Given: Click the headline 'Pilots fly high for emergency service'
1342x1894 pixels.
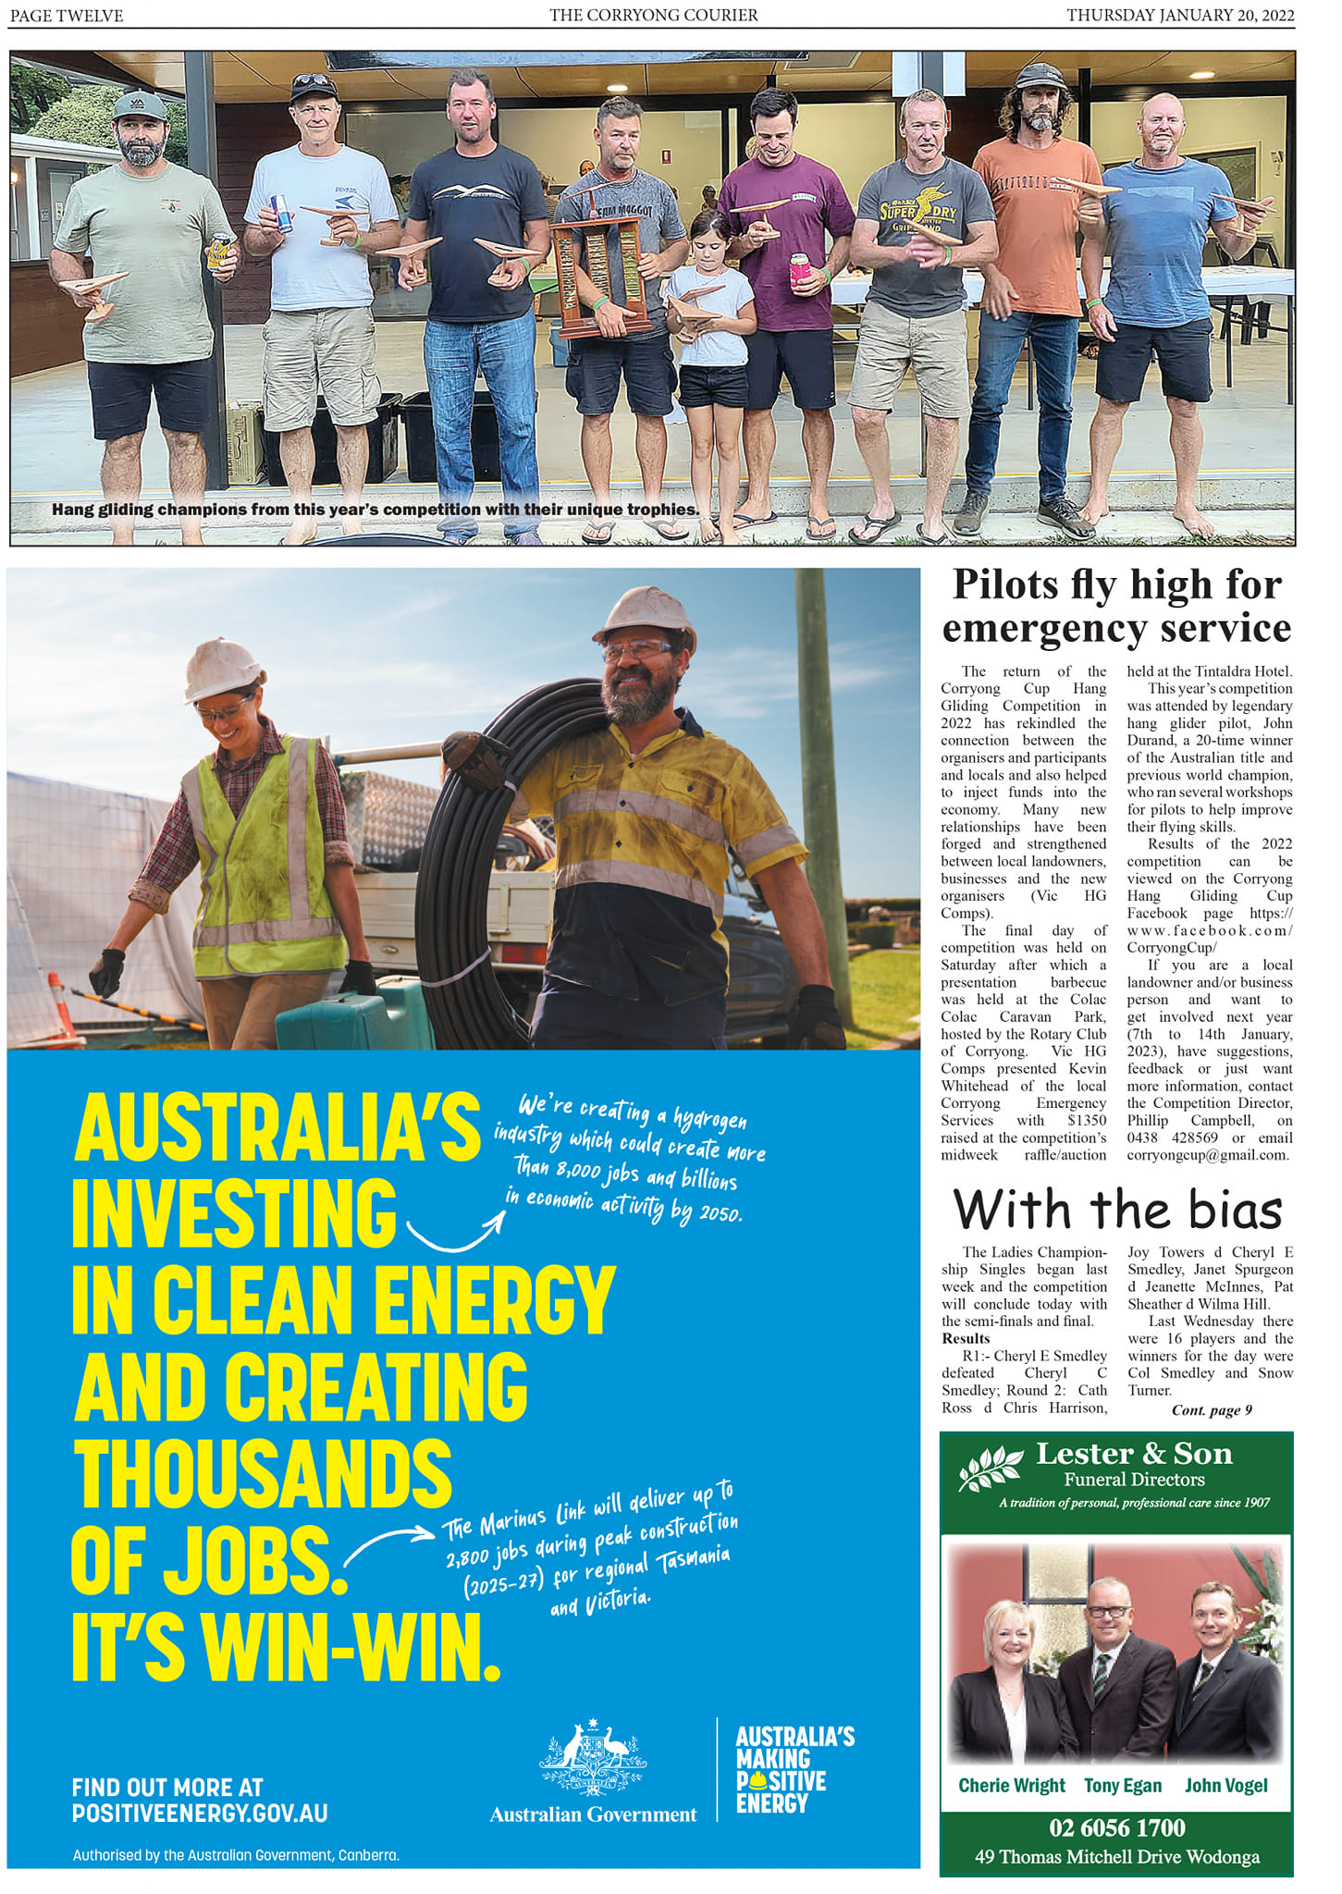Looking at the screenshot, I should coord(1116,606).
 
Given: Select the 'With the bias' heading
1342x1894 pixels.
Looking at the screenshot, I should coord(1117,1210).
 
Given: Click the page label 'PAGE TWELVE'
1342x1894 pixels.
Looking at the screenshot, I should coord(67,15).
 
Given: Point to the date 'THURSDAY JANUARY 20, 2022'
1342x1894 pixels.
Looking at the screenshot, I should coord(1180,15).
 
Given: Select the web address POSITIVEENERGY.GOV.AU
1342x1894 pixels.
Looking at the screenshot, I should coord(200,1814).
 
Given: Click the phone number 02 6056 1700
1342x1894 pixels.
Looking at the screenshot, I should coord(1116,1827).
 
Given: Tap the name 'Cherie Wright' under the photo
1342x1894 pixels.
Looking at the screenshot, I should coord(1011,1785).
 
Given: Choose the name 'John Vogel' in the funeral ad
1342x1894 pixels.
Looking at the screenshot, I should coord(1225,1785).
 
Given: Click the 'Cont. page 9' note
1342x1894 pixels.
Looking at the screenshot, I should coord(1212,1409).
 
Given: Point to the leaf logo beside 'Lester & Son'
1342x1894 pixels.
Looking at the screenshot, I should coord(991,1467).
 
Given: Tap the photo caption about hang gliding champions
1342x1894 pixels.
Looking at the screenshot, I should coord(375,510).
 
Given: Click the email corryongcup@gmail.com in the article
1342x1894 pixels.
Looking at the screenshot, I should coord(1208,1154).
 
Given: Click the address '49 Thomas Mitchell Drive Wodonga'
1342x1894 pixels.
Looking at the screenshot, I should coord(1116,1856).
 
